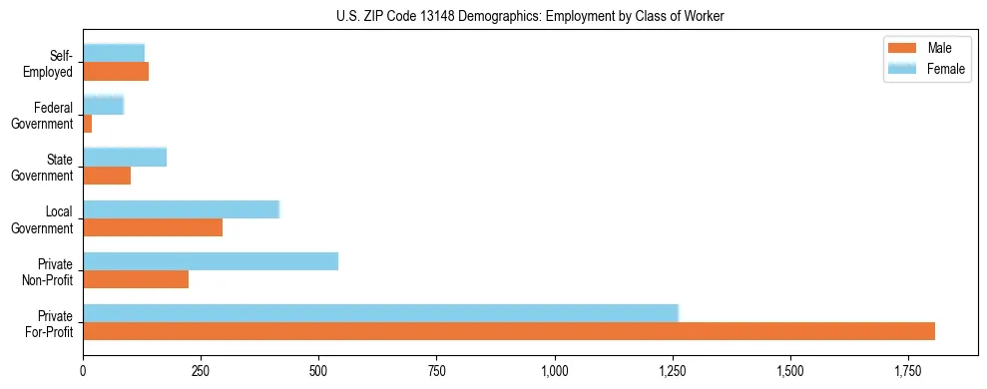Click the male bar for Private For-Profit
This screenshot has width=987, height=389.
coord(509,331)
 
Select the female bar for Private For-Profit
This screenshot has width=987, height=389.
coord(380,312)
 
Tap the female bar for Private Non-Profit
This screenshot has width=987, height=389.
coord(211,261)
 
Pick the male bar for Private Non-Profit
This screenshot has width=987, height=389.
coord(136,279)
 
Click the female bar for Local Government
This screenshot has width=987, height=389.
coord(181,209)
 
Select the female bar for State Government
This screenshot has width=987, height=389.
coord(125,158)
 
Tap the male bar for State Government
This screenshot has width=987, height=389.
coord(107,176)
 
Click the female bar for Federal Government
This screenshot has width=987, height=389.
coord(103,105)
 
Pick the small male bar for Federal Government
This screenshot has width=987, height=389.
coord(88,124)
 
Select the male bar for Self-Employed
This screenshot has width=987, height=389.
coord(116,72)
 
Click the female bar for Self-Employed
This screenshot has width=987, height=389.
coord(114,53)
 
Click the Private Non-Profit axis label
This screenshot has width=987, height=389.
coord(47,271)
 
